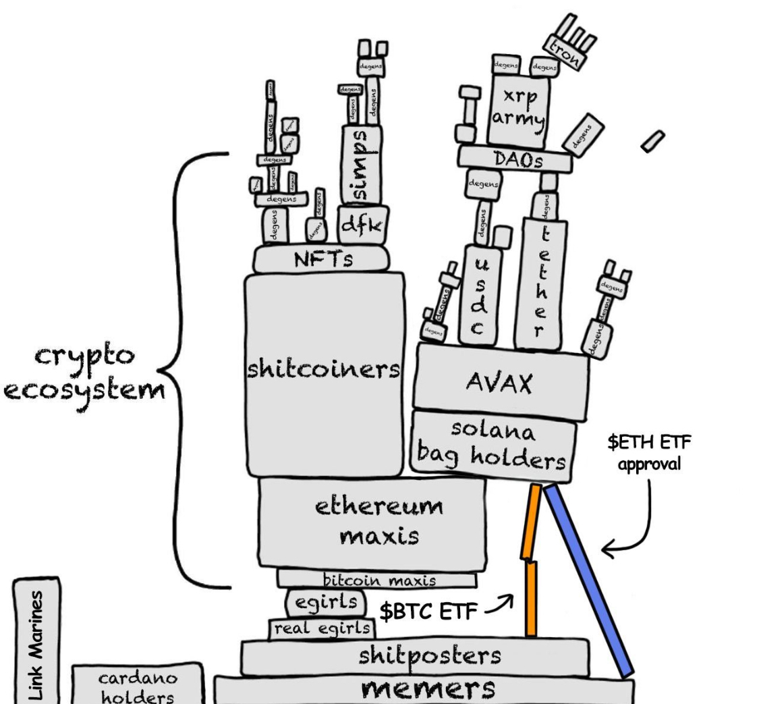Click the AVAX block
tap(499, 382)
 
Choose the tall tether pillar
tap(538, 283)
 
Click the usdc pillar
tap(479, 297)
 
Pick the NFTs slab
tap(322, 259)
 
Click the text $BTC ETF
tap(428, 612)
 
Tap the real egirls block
tap(321, 628)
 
